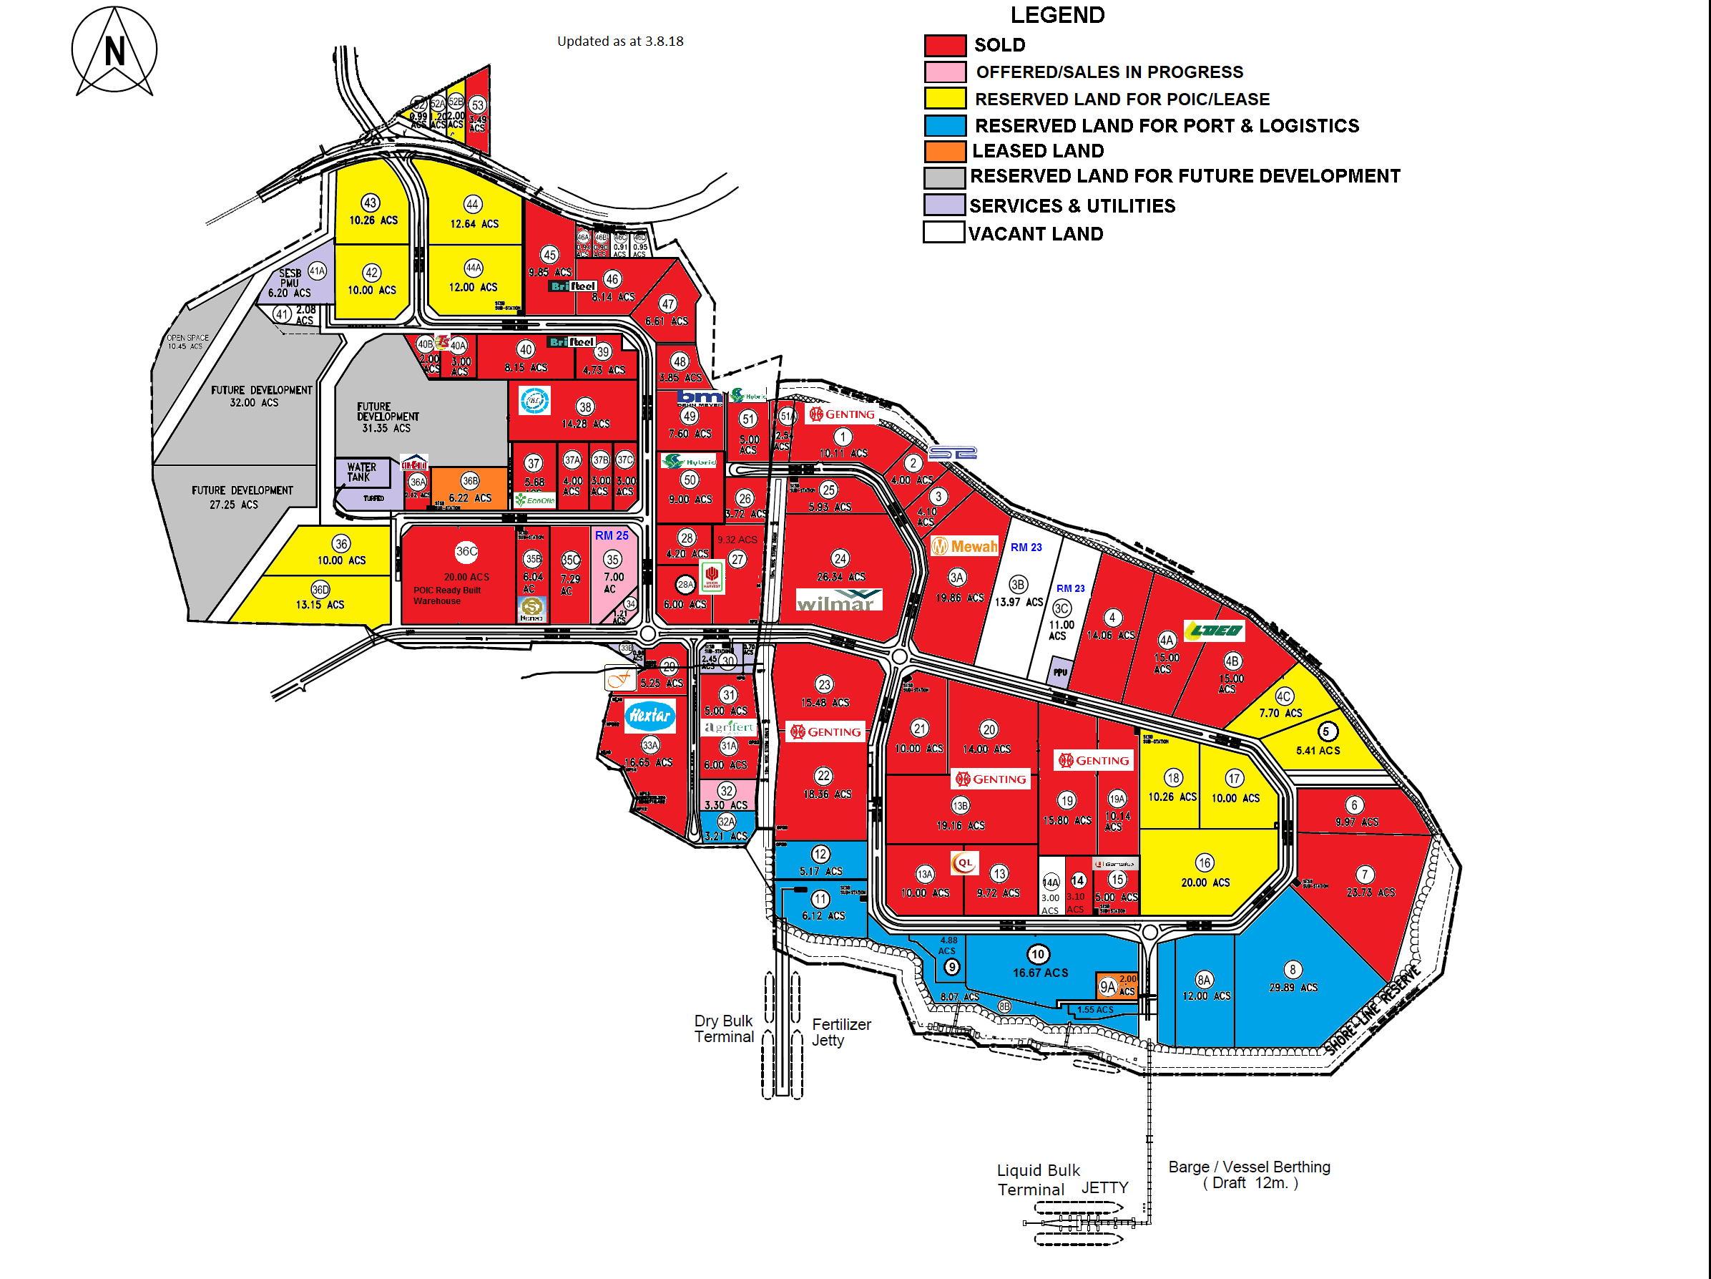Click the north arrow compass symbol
pyautogui.click(x=114, y=51)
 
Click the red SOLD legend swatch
pyautogui.click(x=944, y=45)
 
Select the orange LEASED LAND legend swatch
pyautogui.click(x=944, y=151)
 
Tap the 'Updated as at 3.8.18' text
pyautogui.click(x=619, y=41)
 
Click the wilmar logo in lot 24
pyautogui.click(x=838, y=600)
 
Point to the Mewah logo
pyautogui.click(x=964, y=546)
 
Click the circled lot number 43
pyautogui.click(x=371, y=203)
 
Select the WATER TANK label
pyautogui.click(x=361, y=472)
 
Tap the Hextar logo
pyautogui.click(x=649, y=715)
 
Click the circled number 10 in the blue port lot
pyautogui.click(x=1038, y=955)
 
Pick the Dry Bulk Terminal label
pyautogui.click(x=723, y=1028)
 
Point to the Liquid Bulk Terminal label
pyautogui.click(x=1037, y=1180)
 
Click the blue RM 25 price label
pyautogui.click(x=611, y=535)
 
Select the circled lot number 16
pyautogui.click(x=1205, y=862)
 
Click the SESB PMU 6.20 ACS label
pyautogui.click(x=289, y=283)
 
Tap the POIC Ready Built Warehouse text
pyautogui.click(x=447, y=595)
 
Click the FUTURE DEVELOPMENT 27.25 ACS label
pyautogui.click(x=242, y=497)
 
